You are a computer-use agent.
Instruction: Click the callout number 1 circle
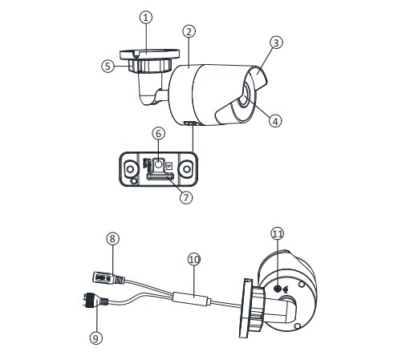pyautogui.click(x=145, y=18)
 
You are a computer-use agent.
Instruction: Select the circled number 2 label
pyautogui.click(x=189, y=31)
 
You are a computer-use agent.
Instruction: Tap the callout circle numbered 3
pyautogui.click(x=276, y=43)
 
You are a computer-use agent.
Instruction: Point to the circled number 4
pyautogui.click(x=275, y=121)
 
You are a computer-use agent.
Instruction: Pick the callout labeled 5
pyautogui.click(x=108, y=67)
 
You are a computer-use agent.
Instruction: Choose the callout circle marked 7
pyautogui.click(x=185, y=197)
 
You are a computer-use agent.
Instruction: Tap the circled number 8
pyautogui.click(x=113, y=238)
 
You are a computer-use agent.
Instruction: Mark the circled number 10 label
pyautogui.click(x=193, y=259)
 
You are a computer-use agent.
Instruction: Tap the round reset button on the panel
pyautogui.click(x=158, y=166)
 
